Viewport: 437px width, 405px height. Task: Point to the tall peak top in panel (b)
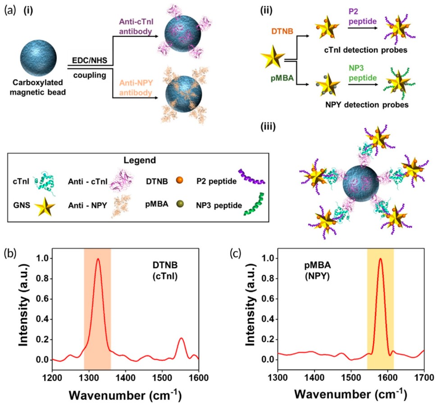point(98,259)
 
